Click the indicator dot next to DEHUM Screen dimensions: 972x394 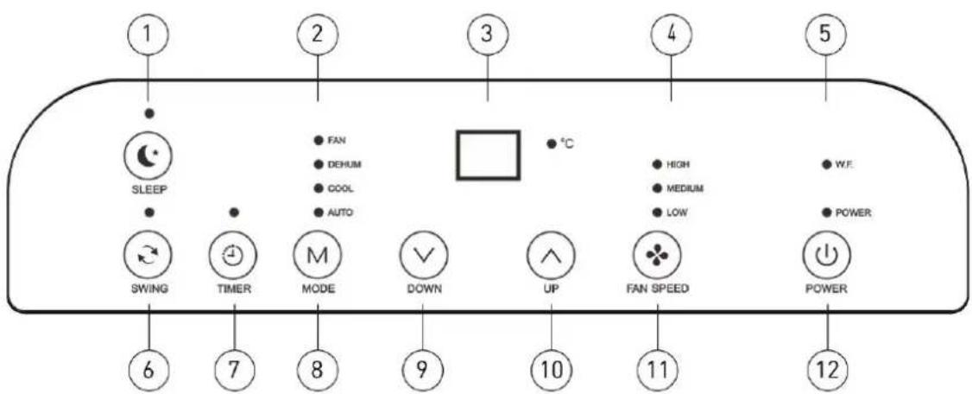(319, 165)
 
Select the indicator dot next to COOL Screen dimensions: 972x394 (319, 188)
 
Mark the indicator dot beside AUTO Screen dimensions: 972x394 (319, 213)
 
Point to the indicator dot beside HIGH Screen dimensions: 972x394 (656, 165)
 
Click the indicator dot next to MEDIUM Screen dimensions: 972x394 (656, 188)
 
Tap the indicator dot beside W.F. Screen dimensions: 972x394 (826, 165)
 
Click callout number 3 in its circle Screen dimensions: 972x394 (487, 33)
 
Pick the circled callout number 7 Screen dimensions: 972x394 (234, 371)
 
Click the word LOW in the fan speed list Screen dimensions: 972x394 (677, 213)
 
